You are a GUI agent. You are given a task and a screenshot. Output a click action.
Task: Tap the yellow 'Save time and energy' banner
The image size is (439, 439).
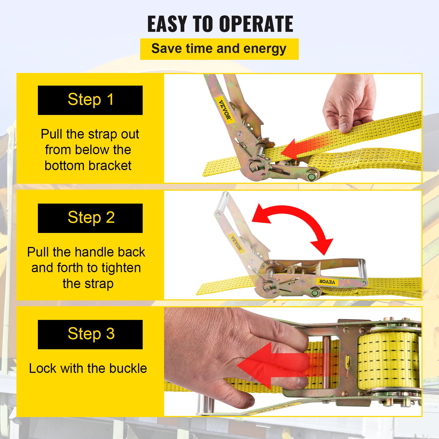(219, 49)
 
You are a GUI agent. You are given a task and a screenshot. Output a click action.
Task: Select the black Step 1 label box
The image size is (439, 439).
(90, 100)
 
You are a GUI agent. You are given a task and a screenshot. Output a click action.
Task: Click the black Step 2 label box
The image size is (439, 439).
(90, 218)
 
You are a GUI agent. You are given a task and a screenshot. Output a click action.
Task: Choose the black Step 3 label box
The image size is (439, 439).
(90, 334)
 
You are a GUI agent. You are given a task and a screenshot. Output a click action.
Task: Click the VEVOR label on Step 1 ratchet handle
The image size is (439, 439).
(225, 110)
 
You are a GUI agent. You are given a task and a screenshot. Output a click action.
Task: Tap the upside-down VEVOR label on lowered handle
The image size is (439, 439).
(327, 282)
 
